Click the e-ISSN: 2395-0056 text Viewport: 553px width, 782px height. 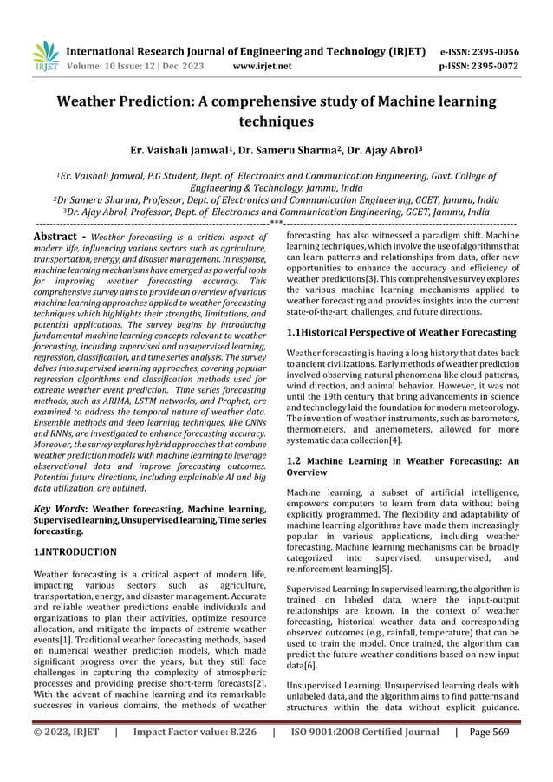point(479,50)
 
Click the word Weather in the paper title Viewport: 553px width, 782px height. point(93,102)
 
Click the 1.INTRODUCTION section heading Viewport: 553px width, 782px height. point(75,551)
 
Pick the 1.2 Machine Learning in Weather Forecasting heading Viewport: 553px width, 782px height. point(402,467)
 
